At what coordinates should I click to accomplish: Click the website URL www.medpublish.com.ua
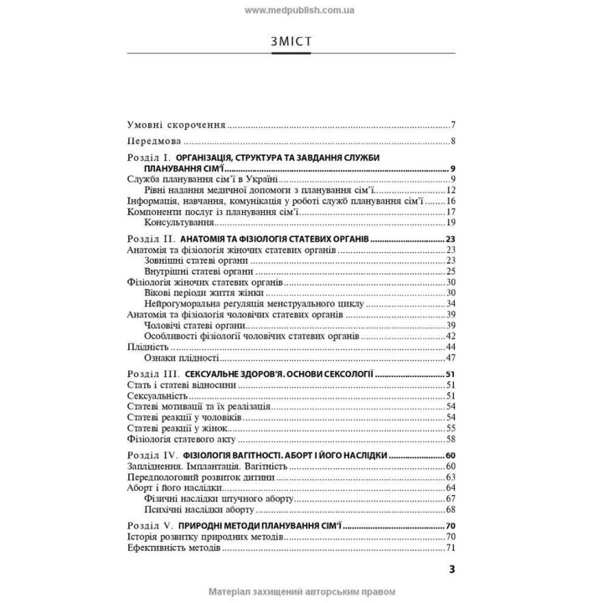tap(301, 10)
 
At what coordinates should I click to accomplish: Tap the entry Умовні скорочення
tap(177, 123)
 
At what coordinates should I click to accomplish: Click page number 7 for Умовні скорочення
tap(451, 123)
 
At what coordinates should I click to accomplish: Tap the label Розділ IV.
tap(153, 455)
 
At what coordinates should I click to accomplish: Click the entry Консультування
tap(182, 223)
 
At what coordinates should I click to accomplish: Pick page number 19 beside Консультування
tap(450, 223)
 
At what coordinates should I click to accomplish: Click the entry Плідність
tap(147, 346)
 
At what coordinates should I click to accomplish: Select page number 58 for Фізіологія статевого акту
tap(450, 438)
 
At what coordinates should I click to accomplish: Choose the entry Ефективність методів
tap(173, 548)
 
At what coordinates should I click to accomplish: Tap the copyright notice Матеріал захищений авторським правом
tap(301, 592)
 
